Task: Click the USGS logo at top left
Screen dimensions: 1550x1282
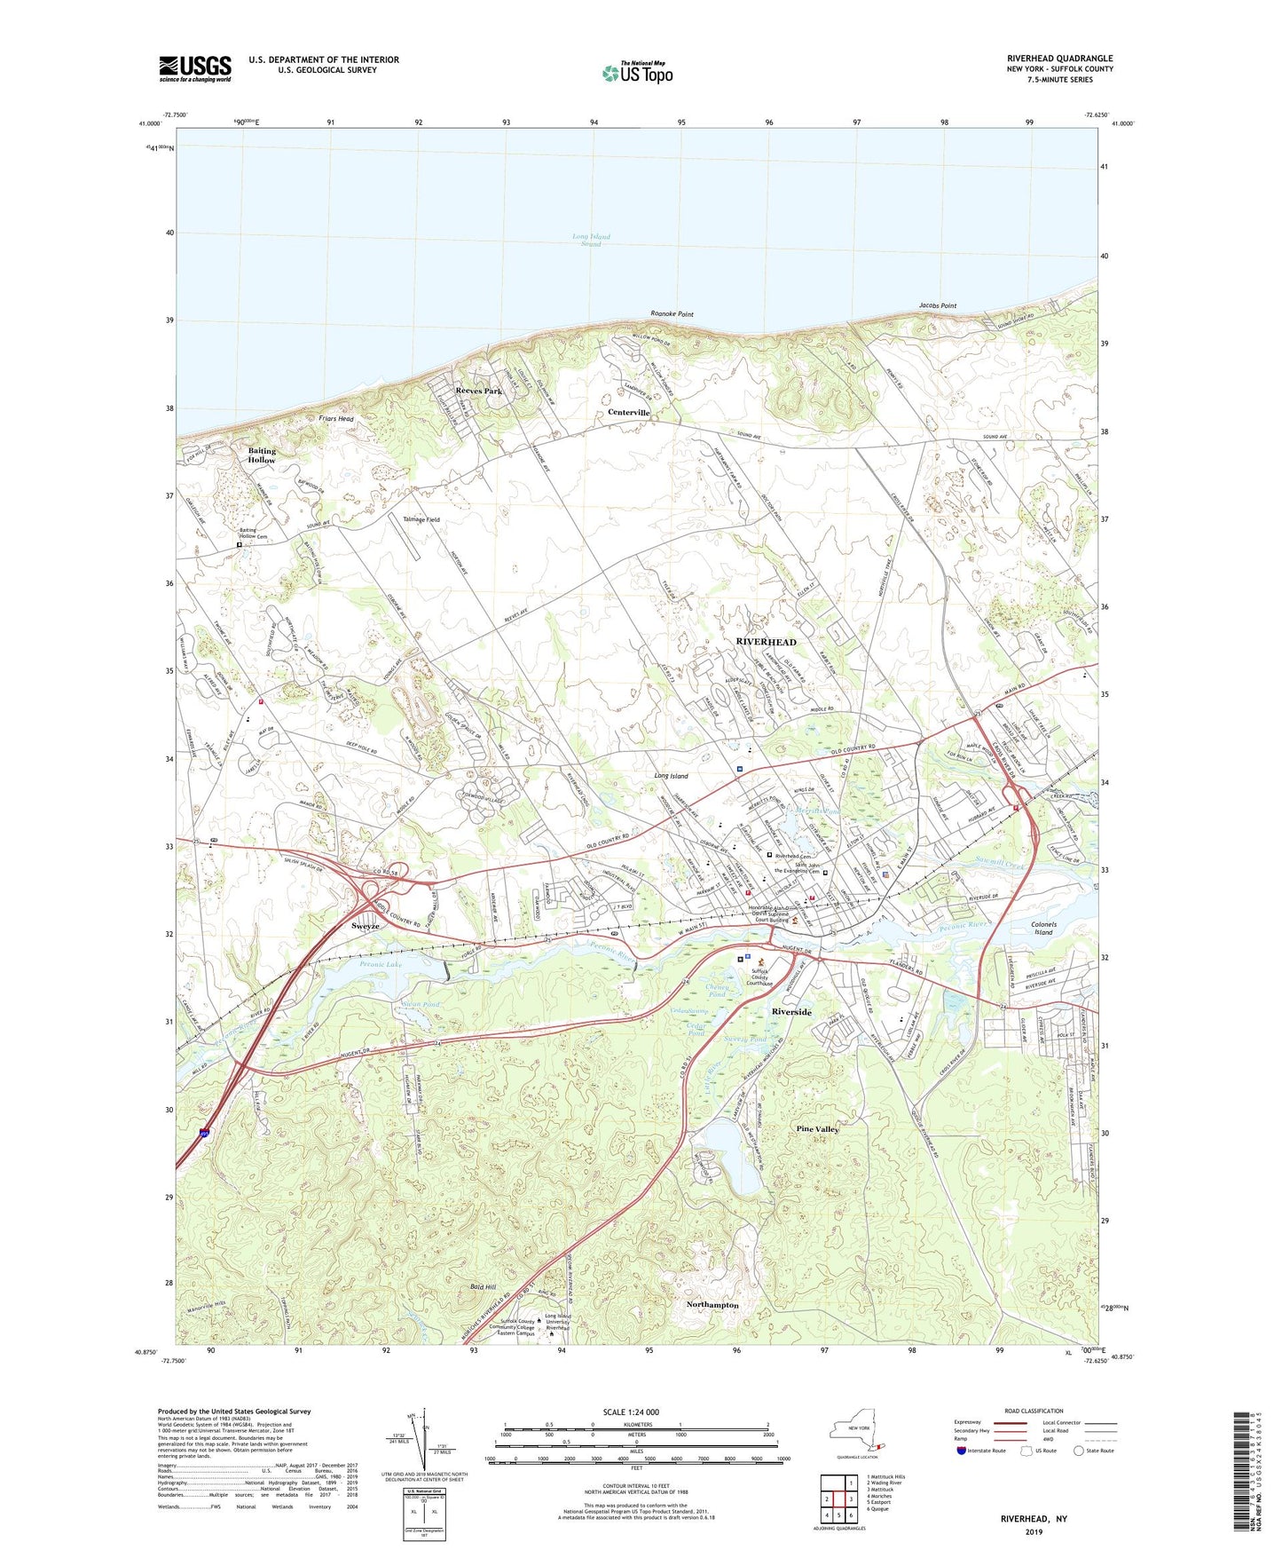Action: click(x=195, y=68)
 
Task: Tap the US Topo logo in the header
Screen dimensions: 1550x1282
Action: click(x=637, y=72)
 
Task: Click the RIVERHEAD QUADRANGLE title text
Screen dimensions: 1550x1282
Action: click(x=1059, y=58)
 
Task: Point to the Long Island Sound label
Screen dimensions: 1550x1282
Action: click(x=591, y=240)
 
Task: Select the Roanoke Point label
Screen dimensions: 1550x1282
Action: click(x=672, y=314)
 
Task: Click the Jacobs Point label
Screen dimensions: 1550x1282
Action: click(x=937, y=305)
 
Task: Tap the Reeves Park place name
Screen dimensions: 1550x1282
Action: click(x=478, y=391)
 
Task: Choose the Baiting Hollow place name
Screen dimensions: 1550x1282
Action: click(x=262, y=455)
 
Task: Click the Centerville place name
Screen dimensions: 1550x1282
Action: click(x=629, y=413)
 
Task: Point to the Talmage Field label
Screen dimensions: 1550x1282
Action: click(x=421, y=519)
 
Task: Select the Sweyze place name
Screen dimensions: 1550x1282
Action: click(x=365, y=926)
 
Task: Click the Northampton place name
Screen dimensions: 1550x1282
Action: click(x=712, y=1305)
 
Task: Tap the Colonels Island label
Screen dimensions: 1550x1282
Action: click(x=1043, y=929)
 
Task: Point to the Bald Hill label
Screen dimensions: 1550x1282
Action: click(x=483, y=1286)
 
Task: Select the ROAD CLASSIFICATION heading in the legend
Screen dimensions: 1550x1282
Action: click(x=1034, y=1411)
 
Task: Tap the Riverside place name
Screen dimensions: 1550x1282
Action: click(x=792, y=1012)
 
